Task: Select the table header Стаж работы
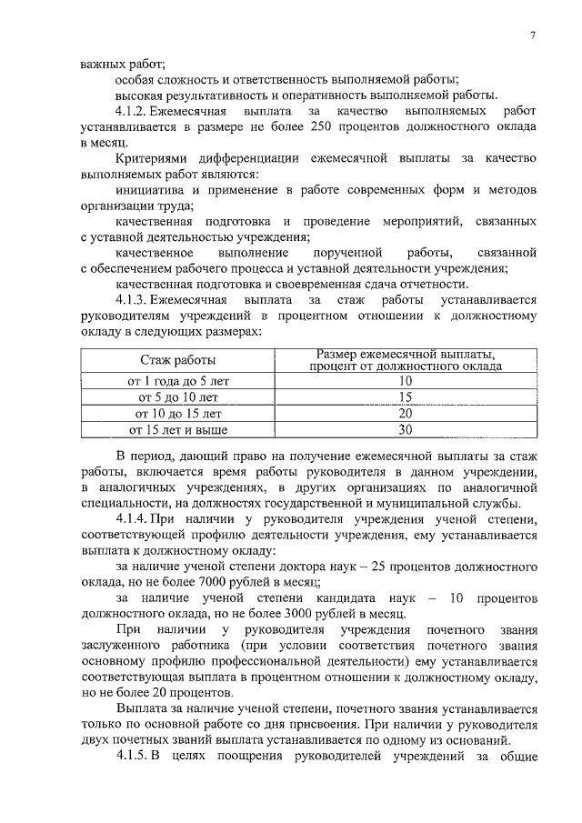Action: pos(177,361)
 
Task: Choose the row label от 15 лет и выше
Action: pos(178,429)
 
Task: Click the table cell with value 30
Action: pos(406,429)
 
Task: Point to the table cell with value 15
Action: pos(406,397)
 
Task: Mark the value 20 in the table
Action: pos(406,413)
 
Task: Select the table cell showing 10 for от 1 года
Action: pos(406,382)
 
